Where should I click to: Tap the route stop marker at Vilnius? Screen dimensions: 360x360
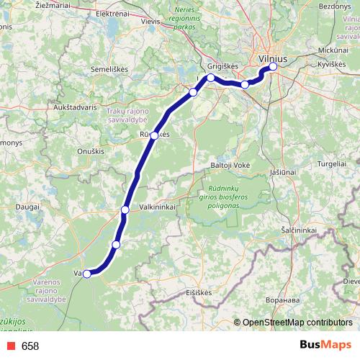tap(273, 67)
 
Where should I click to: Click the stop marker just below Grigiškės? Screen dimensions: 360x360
tap(210, 78)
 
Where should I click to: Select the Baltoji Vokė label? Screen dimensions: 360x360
tap(230, 165)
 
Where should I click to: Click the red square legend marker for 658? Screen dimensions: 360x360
tap(9, 346)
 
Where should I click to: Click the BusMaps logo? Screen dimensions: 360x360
tap(325, 346)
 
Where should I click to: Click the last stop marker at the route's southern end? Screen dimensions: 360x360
tap(87, 274)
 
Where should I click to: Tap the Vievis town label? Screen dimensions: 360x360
tap(150, 22)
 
